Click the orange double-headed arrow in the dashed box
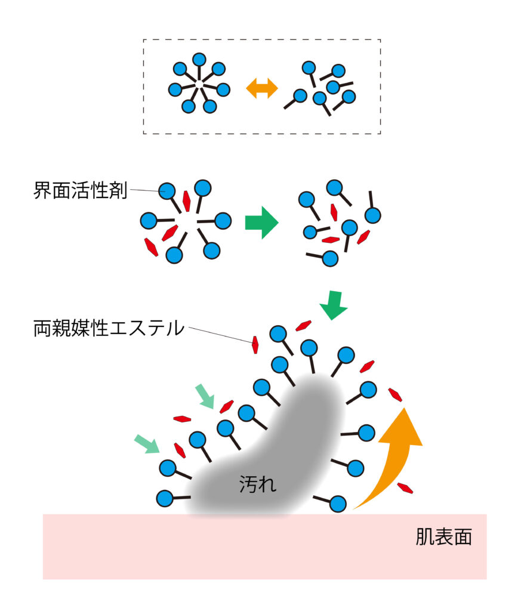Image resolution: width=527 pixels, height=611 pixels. point(262,89)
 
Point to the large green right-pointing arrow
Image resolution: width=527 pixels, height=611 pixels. point(261,223)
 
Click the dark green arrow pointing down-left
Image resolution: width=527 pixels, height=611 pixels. point(333,305)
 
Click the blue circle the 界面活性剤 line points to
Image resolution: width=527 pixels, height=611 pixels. point(168,192)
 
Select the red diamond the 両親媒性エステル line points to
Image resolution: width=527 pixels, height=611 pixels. point(255,344)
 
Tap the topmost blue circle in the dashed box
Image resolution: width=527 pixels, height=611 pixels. point(199,60)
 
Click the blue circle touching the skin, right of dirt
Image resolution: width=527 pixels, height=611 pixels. point(337,504)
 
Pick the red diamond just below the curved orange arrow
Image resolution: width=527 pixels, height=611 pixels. point(406,488)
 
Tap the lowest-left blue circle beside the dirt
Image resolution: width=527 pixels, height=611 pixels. point(165,497)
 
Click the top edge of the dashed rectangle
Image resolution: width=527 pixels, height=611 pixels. point(262,40)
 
